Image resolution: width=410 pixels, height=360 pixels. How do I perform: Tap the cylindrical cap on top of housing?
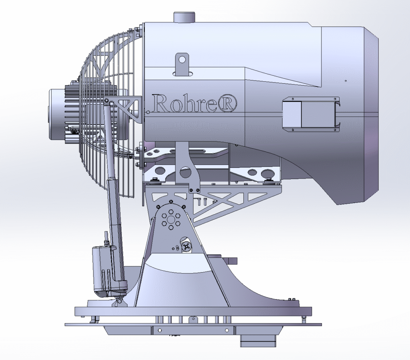pos(184,17)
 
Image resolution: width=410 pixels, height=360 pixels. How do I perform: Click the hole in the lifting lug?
pos(182,60)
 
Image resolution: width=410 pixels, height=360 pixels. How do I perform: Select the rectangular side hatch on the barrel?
pos(310,113)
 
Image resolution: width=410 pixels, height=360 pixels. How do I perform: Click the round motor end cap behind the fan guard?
pos(56,114)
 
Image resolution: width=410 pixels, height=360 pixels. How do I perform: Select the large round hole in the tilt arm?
pos(185,173)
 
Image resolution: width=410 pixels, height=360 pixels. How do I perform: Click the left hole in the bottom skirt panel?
pos(160,330)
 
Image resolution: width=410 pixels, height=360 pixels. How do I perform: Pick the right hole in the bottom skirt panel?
pos(227,330)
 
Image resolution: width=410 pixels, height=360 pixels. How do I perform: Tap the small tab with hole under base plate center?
pos(194,319)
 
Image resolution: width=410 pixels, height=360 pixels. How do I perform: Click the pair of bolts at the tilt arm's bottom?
pos(194,190)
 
